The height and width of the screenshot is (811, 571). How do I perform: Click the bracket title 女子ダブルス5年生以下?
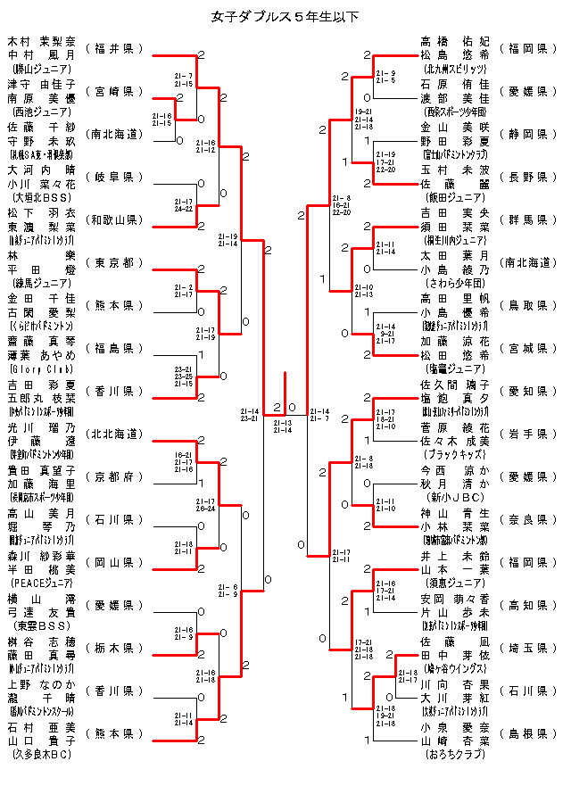pos(285,16)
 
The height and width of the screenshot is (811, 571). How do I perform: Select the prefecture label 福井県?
pos(113,48)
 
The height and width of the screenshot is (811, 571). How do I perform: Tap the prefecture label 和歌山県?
pos(113,219)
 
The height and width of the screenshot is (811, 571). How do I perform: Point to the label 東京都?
pos(113,262)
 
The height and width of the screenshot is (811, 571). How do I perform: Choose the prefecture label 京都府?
pos(113,476)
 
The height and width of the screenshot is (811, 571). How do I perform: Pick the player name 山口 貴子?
pos(42,741)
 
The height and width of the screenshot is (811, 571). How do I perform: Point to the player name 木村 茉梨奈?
pos(42,41)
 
